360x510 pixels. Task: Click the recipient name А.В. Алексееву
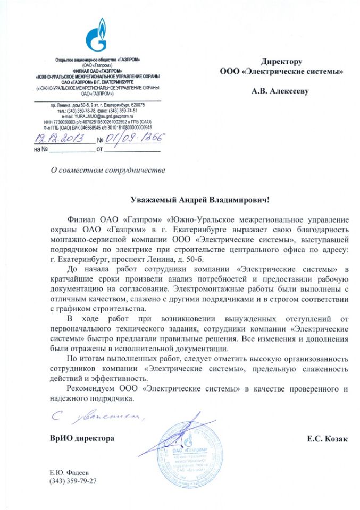[x=281, y=91]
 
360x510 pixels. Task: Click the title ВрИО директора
[x=82, y=439]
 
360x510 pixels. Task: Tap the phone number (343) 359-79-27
[x=73, y=481]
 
